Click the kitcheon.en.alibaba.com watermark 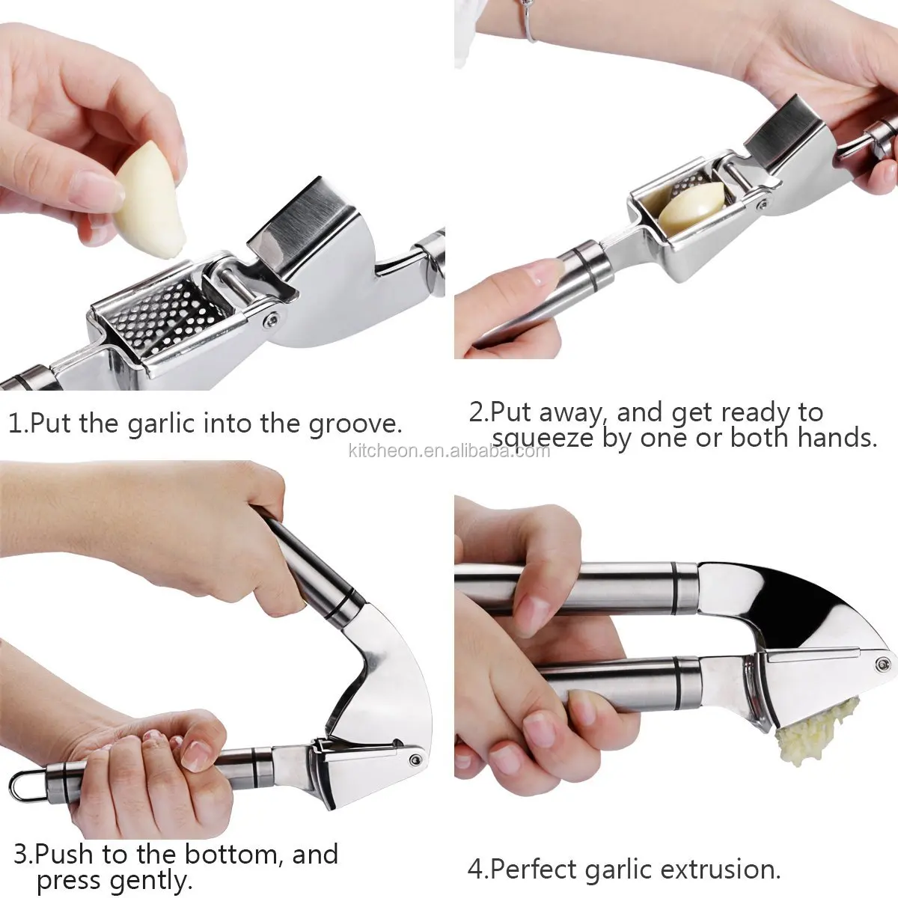tap(449, 450)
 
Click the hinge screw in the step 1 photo tap(268, 320)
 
